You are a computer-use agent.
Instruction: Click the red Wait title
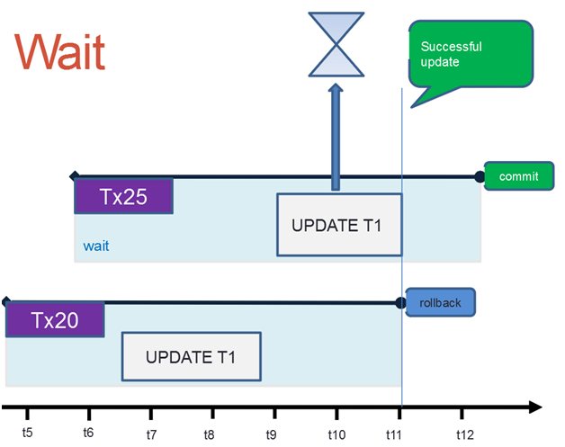59,52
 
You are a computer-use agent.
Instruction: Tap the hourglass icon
336,45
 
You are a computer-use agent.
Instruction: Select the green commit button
519,176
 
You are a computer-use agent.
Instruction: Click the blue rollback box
440,302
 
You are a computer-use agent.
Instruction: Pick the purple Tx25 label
123,196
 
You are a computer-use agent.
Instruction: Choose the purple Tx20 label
55,320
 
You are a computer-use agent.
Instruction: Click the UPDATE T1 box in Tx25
339,225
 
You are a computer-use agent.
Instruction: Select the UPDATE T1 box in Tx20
192,356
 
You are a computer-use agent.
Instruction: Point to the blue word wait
96,246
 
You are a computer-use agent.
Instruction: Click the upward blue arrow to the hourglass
336,137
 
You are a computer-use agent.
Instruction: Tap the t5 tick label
27,433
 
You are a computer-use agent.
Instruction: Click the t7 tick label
151,434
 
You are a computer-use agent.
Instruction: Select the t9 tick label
271,434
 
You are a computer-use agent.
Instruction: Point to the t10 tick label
336,434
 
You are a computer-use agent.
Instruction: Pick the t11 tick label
393,434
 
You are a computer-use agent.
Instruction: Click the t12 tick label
465,434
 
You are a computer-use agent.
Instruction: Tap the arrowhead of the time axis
535,407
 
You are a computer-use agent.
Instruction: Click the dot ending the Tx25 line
480,176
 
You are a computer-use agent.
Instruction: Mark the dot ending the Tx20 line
400,303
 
